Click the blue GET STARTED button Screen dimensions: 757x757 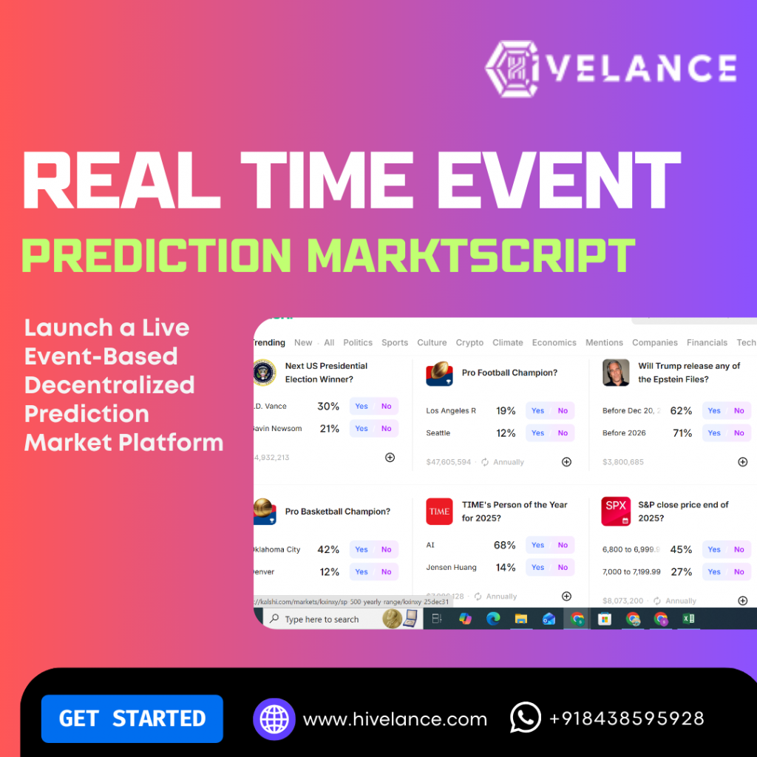click(x=132, y=719)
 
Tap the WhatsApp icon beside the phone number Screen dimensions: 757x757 click(x=526, y=718)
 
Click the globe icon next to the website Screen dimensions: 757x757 click(x=274, y=719)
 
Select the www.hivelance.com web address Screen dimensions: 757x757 click(x=395, y=719)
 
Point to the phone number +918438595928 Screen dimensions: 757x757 click(x=626, y=719)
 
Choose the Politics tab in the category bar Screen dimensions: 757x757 click(x=358, y=342)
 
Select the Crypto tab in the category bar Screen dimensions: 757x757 click(x=469, y=342)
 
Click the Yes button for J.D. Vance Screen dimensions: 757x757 click(x=361, y=406)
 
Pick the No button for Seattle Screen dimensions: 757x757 click(x=563, y=433)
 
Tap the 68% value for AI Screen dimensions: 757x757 click(x=504, y=545)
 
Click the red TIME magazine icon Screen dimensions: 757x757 click(x=439, y=511)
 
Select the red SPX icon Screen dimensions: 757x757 click(x=616, y=511)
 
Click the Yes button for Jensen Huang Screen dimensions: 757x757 click(x=538, y=568)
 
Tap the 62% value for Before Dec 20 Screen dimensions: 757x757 click(x=681, y=411)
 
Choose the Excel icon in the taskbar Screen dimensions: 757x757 click(x=688, y=619)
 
